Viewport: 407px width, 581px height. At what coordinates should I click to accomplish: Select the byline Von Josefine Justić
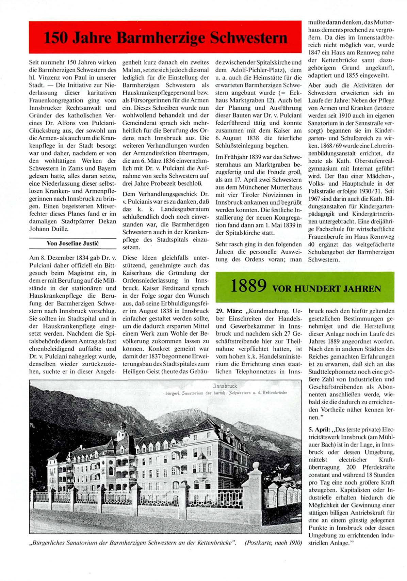click(x=72, y=244)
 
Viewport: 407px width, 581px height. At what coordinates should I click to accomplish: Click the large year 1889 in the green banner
click(x=248, y=286)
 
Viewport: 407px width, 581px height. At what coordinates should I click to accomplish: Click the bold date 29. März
click(x=229, y=311)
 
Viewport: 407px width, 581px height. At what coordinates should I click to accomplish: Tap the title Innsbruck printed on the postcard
click(x=225, y=386)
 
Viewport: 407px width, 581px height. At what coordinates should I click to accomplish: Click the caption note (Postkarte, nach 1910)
click(x=273, y=543)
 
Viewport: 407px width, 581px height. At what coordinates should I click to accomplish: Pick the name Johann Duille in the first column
click(x=49, y=229)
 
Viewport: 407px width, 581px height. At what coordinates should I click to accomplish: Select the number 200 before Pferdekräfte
click(x=351, y=467)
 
